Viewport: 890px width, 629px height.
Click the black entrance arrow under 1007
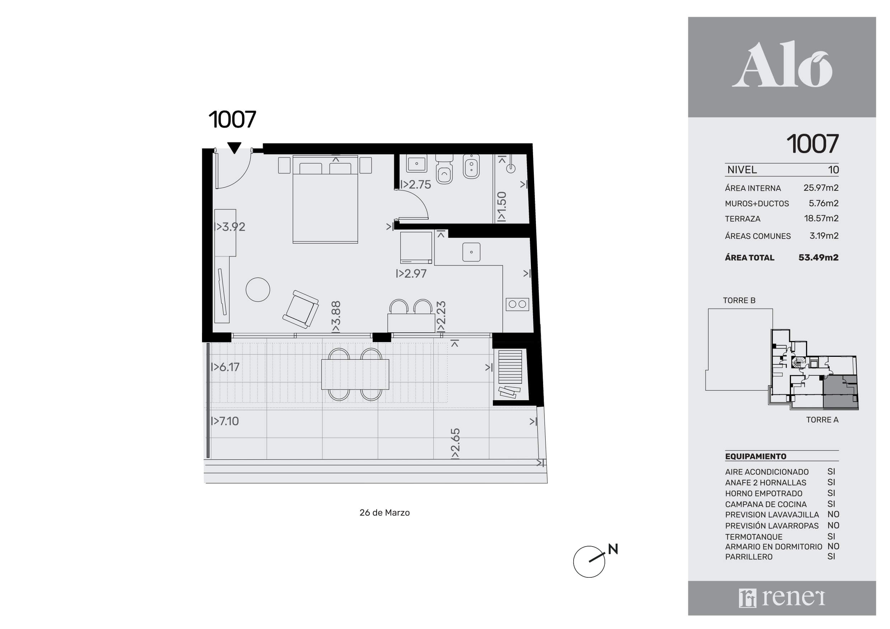coord(234,148)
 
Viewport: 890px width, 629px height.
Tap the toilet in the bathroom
coord(444,170)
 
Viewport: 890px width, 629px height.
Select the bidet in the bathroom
coord(471,167)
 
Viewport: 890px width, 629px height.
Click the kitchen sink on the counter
coord(471,252)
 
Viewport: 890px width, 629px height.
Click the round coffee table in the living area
coord(258,289)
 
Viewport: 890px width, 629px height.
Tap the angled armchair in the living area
coord(301,309)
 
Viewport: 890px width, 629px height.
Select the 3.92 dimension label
coord(230,227)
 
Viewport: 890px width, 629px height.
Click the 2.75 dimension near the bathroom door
coord(415,184)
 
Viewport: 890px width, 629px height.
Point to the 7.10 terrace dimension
coord(225,421)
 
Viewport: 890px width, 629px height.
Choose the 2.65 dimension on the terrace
coord(455,444)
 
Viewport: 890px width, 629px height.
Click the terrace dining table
coord(355,374)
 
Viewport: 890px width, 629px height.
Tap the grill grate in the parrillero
coord(510,367)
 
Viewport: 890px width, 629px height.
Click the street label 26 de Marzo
coord(385,513)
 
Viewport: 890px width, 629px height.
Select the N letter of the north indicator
coord(613,549)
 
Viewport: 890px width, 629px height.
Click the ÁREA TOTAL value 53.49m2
coord(818,257)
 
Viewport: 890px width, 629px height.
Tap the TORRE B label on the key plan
coord(739,301)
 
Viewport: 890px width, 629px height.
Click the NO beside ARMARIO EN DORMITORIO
coord(833,547)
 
